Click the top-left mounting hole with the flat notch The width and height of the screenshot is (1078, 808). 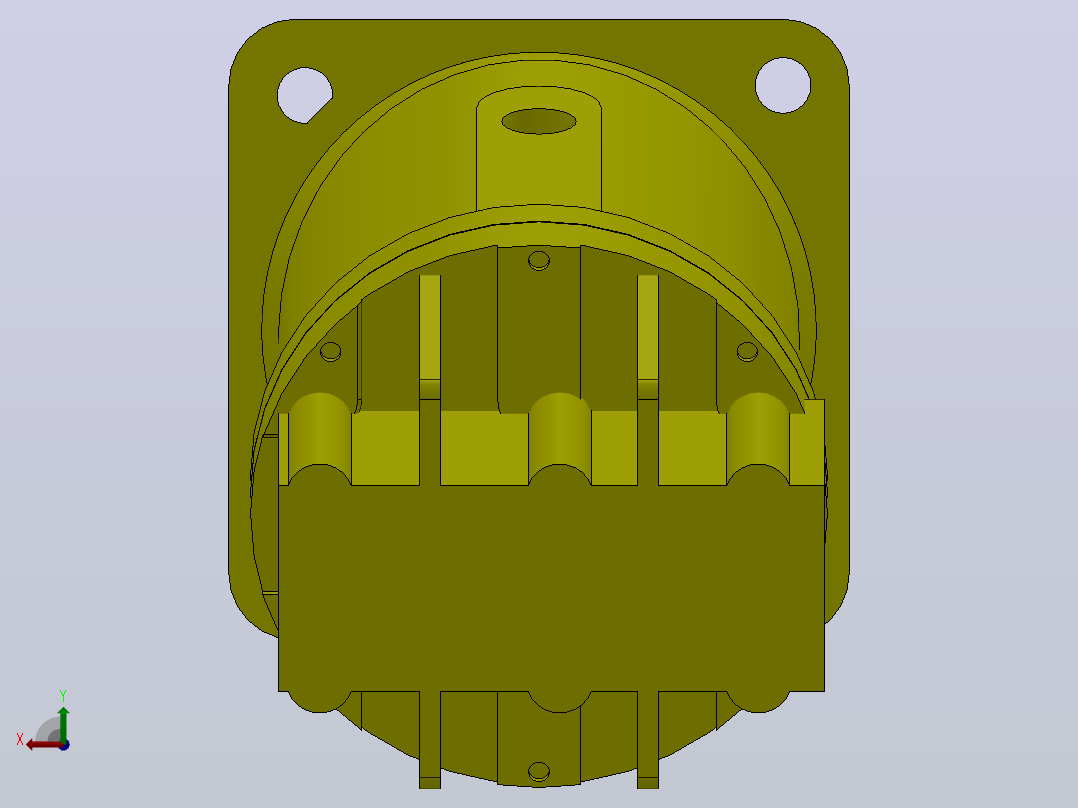[x=305, y=95]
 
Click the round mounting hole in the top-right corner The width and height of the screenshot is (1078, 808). [x=782, y=85]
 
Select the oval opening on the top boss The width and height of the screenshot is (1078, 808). [x=539, y=121]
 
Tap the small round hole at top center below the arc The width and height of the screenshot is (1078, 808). [x=539, y=261]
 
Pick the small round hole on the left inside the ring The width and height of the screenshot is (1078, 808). [x=331, y=351]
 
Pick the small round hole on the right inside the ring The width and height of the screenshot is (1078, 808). [x=747, y=351]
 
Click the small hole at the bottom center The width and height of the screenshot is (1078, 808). [x=539, y=772]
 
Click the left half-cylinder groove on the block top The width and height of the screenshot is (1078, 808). [x=320, y=439]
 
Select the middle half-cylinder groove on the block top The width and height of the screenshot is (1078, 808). [x=560, y=439]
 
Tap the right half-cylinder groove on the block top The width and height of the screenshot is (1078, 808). [x=758, y=439]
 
